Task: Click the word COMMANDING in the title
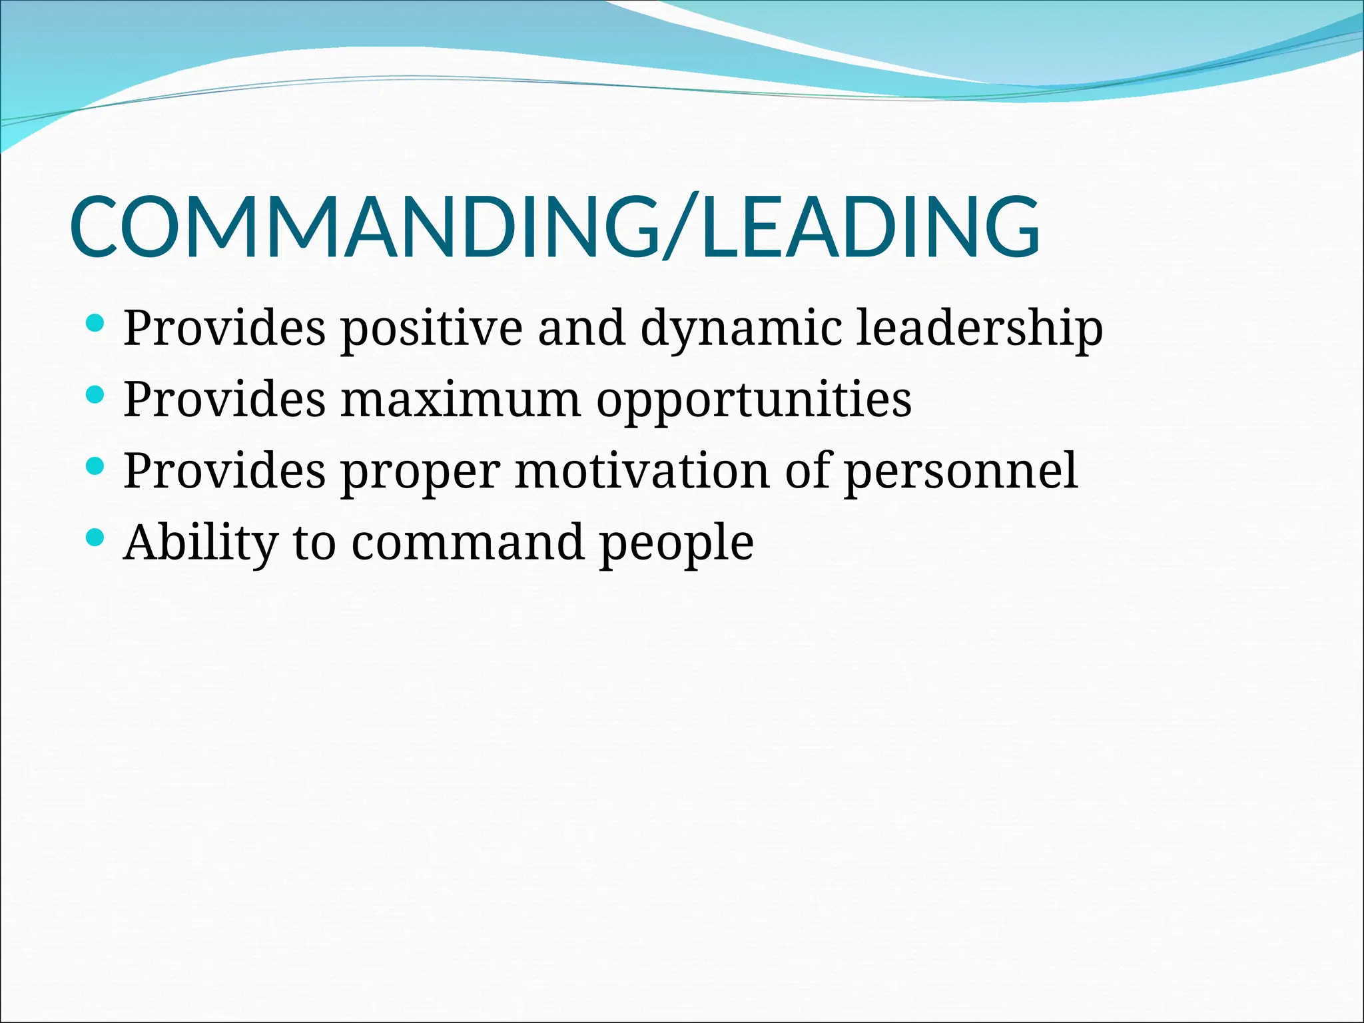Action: pyautogui.click(x=363, y=226)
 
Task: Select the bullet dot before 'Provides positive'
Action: pyautogui.click(x=95, y=324)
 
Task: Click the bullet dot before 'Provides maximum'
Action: pyautogui.click(x=95, y=396)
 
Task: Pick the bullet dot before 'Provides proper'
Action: pyautogui.click(x=95, y=467)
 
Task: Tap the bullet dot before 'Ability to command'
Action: pyautogui.click(x=95, y=538)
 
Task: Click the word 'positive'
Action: pyautogui.click(x=432, y=328)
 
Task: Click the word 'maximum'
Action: pyautogui.click(x=461, y=400)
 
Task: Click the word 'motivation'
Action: pyautogui.click(x=642, y=471)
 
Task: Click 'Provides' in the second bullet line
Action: pyautogui.click(x=224, y=400)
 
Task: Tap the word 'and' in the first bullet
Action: pyautogui.click(x=581, y=328)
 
